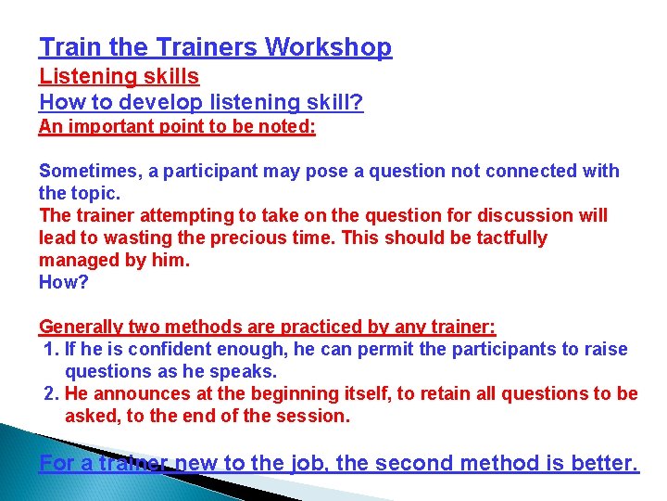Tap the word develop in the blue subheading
(x=157, y=103)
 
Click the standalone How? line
(x=64, y=282)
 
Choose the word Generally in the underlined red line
(x=81, y=327)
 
